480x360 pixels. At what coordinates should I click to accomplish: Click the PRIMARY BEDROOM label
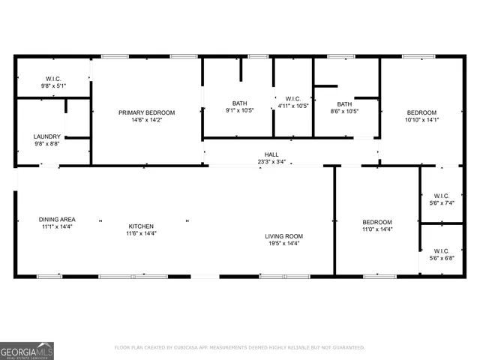tap(146, 112)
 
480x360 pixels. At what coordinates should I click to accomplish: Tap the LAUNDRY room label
tap(47, 136)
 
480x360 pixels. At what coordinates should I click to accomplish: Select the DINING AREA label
tap(57, 220)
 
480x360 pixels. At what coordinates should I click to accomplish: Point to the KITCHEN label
tap(140, 226)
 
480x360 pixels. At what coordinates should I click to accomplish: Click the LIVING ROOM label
tap(283, 236)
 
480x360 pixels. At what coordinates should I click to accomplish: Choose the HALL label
tap(271, 154)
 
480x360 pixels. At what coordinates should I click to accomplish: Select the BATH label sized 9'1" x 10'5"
tap(239, 103)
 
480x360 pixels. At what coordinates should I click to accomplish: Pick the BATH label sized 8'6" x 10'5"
tap(344, 104)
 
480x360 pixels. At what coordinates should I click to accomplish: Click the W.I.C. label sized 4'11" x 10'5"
tap(292, 98)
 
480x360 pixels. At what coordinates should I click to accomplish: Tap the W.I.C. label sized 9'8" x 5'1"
tap(53, 79)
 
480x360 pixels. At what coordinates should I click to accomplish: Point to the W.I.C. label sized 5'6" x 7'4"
tap(441, 196)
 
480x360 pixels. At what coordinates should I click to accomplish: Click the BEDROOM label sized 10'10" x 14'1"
tap(421, 112)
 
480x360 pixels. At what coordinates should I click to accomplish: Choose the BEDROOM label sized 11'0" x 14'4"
tap(377, 222)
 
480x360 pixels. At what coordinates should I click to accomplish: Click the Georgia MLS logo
tap(27, 350)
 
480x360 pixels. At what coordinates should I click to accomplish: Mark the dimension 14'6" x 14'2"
tap(146, 120)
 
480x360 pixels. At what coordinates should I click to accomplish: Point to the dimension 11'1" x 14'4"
tap(57, 226)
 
